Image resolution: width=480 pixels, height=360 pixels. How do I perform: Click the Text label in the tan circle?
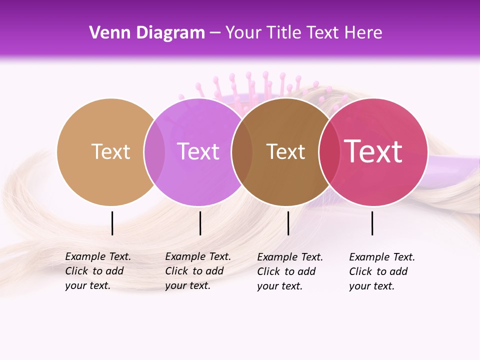[110, 151]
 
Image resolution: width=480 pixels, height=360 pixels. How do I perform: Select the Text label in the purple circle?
[198, 151]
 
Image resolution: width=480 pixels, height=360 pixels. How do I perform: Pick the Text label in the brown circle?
[285, 151]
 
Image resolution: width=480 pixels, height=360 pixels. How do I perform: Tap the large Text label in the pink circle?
[373, 151]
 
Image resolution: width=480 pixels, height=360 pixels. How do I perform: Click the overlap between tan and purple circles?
[154, 151]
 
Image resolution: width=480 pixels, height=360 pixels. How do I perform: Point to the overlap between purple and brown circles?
[242, 151]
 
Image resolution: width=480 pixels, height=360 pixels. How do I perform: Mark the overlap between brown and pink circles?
[329, 151]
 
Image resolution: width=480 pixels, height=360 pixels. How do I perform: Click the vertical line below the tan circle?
[112, 223]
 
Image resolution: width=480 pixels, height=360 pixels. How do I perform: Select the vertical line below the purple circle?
[200, 223]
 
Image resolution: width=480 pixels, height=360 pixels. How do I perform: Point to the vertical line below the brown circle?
[288, 223]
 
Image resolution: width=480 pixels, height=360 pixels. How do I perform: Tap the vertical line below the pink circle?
[372, 223]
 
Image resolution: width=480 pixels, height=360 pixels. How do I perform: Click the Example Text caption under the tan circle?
[97, 271]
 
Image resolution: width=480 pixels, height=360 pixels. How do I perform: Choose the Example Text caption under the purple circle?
[197, 271]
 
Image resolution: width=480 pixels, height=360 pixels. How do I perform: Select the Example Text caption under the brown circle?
[289, 271]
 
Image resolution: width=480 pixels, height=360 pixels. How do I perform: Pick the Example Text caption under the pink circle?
[381, 271]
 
